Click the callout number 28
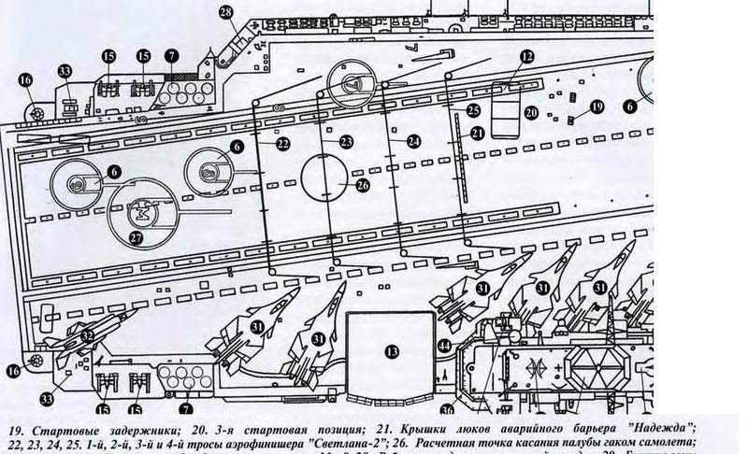pyautogui.click(x=226, y=12)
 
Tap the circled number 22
pyautogui.click(x=282, y=144)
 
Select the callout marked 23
pyautogui.click(x=347, y=141)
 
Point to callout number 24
pyautogui.click(x=414, y=141)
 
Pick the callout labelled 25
pyautogui.click(x=473, y=111)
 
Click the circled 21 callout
pyautogui.click(x=477, y=135)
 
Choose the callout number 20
pyautogui.click(x=530, y=113)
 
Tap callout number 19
pyautogui.click(x=597, y=107)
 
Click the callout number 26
pyautogui.click(x=363, y=185)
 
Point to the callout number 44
pyautogui.click(x=444, y=346)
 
